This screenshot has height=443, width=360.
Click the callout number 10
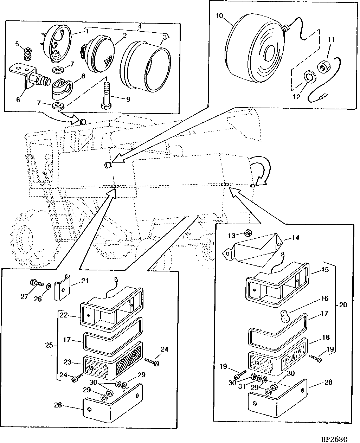[x=219, y=16]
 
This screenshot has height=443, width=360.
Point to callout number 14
[x=295, y=238]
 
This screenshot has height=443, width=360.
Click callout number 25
[x=49, y=345]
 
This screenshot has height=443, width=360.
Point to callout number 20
[x=343, y=305]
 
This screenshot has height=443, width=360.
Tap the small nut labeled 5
[x=28, y=54]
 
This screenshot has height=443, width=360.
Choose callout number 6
[x=18, y=100]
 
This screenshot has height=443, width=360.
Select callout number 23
[x=67, y=362]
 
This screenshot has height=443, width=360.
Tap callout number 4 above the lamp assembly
[x=140, y=26]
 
